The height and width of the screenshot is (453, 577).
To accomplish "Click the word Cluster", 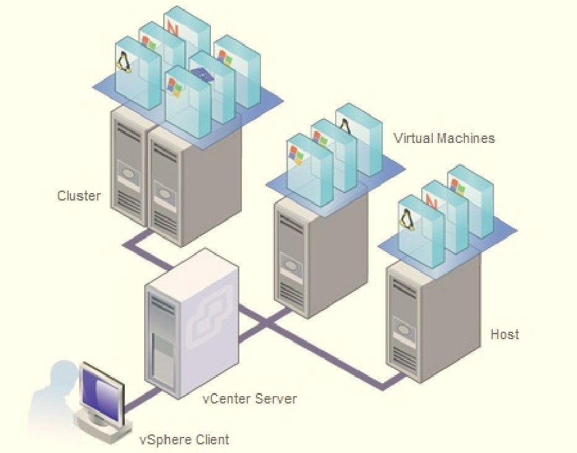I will pyautogui.click(x=79, y=196).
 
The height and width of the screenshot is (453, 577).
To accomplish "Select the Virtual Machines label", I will pyautogui.click(x=444, y=138).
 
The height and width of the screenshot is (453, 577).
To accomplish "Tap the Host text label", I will pyautogui.click(x=505, y=334).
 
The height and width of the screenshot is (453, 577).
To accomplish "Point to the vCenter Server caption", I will pyautogui.click(x=250, y=398).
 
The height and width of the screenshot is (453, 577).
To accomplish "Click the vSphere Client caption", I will pyautogui.click(x=184, y=440).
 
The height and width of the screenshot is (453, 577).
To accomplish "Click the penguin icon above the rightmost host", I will pyautogui.click(x=407, y=218).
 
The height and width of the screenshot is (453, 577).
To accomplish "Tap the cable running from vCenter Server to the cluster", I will pyautogui.click(x=148, y=250).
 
